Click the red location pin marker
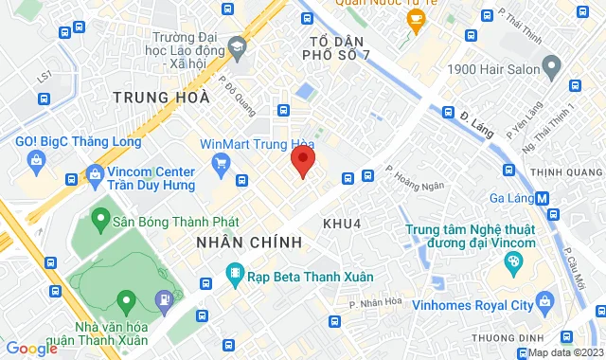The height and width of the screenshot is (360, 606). [x=302, y=162]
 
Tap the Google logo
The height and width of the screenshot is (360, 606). [x=31, y=349]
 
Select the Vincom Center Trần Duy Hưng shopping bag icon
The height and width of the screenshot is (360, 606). [x=94, y=174]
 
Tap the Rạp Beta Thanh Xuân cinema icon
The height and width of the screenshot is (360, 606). [x=233, y=276]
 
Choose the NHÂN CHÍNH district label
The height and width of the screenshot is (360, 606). [x=249, y=243]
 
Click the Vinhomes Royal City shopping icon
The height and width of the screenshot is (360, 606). [x=544, y=303]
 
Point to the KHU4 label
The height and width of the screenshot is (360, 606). [x=342, y=224]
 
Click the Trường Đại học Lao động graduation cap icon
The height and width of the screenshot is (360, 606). [x=236, y=45]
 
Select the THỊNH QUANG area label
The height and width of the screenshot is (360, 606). [x=565, y=171]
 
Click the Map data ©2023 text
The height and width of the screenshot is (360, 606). [x=565, y=352]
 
